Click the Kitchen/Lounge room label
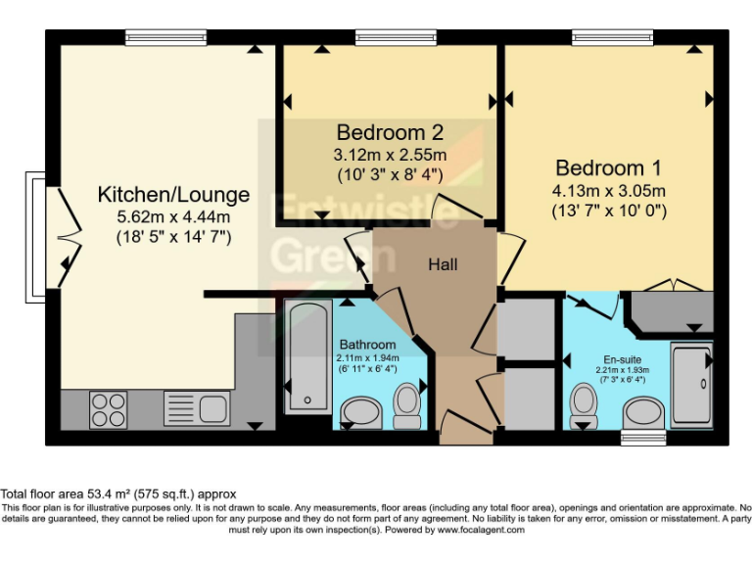pos(173,195)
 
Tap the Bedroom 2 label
pos(390,132)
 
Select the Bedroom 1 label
pos(609,167)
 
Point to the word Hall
pos(443,264)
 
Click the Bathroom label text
pos(368,345)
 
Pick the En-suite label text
pos(623,359)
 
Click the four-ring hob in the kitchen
pos(109,409)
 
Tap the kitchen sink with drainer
pos(197,408)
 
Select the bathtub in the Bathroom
pos(307,356)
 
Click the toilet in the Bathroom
pos(406,405)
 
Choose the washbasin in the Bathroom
pos(361,412)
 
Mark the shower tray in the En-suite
pos(691,385)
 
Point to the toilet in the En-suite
pos(585,405)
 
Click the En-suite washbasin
pos(643,412)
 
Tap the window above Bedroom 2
pos(397,37)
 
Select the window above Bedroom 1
pos(612,37)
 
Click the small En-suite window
pos(643,438)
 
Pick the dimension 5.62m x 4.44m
pos(173,216)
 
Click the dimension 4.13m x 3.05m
pos(609,191)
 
